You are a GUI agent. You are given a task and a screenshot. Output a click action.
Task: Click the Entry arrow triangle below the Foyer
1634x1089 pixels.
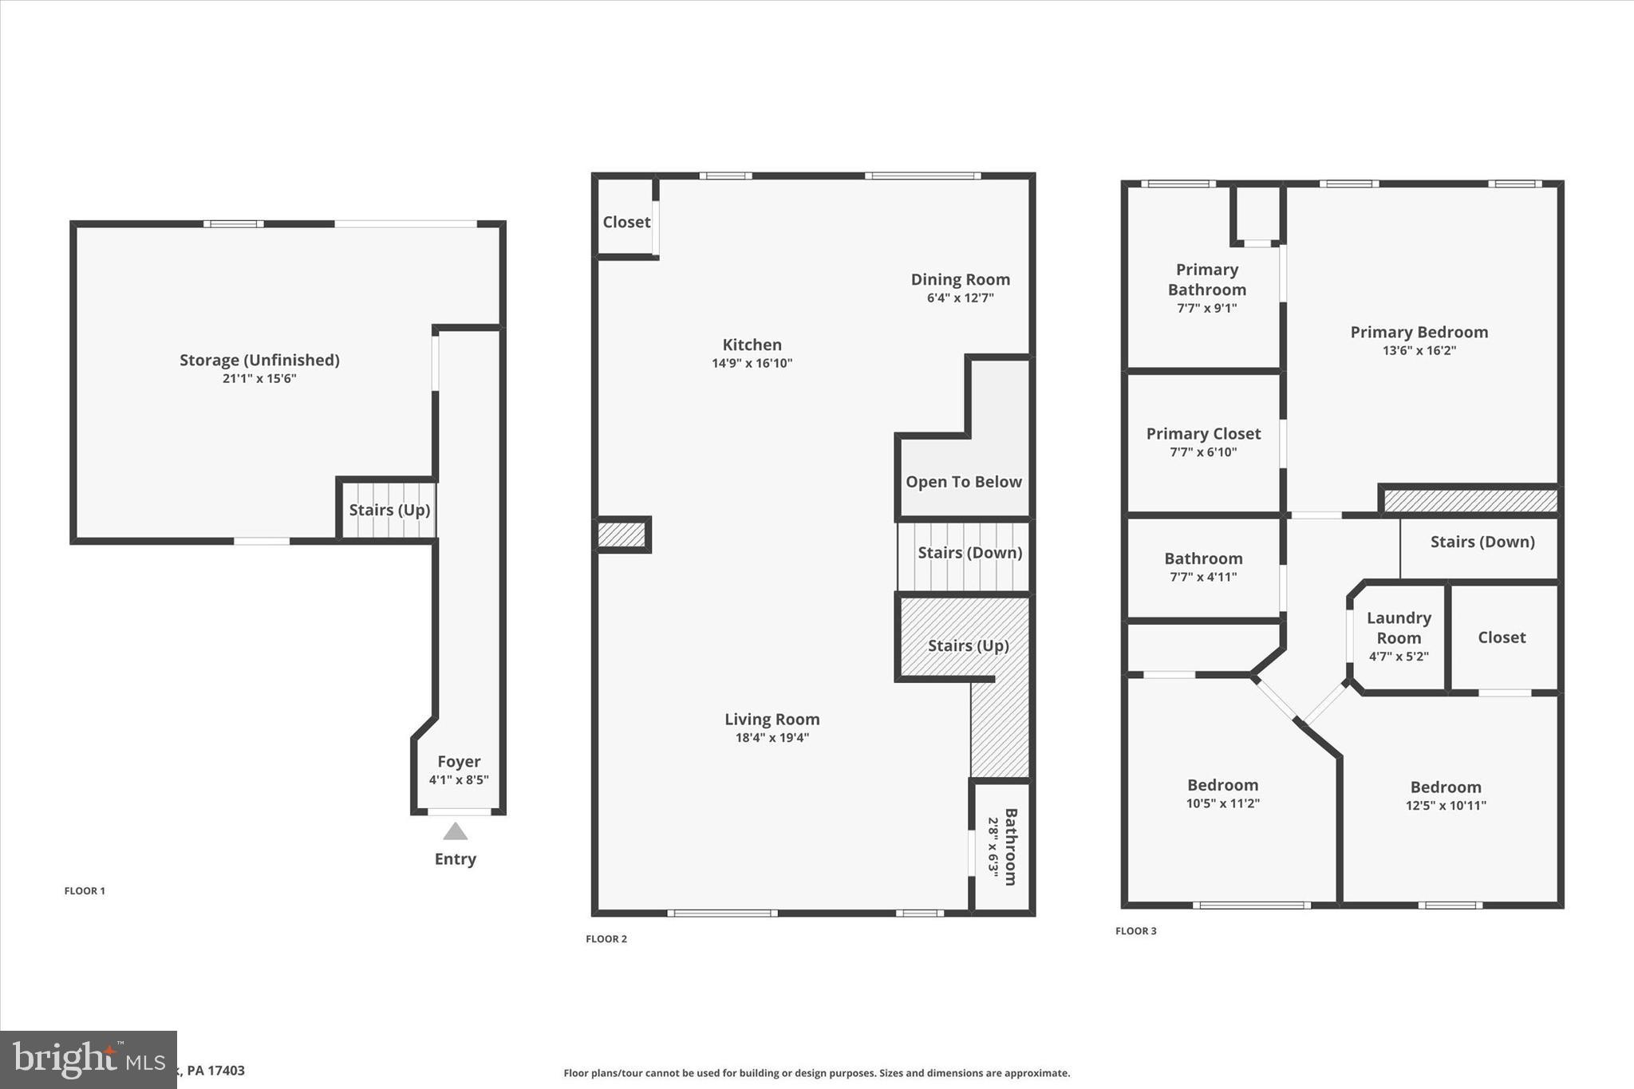[x=455, y=832]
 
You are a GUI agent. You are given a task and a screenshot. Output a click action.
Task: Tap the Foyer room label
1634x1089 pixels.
[x=459, y=761]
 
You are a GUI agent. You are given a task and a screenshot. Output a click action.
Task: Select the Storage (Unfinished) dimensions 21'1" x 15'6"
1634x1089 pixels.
[x=259, y=379]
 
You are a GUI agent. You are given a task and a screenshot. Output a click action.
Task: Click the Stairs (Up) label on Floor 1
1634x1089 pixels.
[x=389, y=510]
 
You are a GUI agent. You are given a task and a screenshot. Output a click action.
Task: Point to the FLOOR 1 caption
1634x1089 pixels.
[x=85, y=891]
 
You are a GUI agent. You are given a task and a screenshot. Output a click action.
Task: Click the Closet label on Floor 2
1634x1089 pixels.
[x=626, y=222]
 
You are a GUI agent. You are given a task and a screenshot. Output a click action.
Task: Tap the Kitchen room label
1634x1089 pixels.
[x=752, y=345]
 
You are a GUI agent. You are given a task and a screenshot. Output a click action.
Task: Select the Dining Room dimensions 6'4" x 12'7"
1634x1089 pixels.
[x=960, y=298]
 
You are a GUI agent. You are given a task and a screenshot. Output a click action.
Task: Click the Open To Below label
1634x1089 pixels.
[x=963, y=482]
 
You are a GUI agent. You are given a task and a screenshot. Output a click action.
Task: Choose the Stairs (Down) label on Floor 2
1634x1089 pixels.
[x=969, y=553]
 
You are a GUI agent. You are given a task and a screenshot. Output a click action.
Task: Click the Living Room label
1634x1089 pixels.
[x=772, y=719]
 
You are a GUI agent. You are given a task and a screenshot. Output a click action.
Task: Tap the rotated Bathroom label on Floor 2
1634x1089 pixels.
[x=1010, y=846]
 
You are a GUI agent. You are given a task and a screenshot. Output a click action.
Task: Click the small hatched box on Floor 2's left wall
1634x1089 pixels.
[x=622, y=535]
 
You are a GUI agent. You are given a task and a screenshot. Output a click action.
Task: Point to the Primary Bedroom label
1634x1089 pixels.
[x=1419, y=332]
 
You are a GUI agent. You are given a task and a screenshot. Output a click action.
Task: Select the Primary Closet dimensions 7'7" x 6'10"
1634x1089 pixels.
[x=1203, y=452]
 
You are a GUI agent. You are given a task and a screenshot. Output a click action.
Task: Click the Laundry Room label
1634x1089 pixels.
[x=1399, y=628]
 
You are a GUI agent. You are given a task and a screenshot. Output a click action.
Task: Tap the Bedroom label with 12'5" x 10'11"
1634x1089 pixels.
[x=1445, y=787]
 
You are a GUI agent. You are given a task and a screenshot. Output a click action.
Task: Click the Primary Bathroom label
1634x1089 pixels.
[x=1206, y=279]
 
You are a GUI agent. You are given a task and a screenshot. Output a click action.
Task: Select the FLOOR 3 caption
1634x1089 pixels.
[x=1135, y=931]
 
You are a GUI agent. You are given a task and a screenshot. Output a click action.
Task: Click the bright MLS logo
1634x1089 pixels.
[x=88, y=1059]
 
